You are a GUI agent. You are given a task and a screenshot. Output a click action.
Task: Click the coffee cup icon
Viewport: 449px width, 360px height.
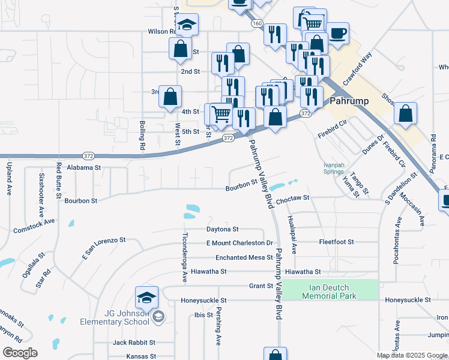(x=337, y=34)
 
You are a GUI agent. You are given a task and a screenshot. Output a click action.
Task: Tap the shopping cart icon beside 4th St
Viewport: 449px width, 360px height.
(x=221, y=113)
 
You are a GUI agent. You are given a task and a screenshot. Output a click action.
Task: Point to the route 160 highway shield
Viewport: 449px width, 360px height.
(x=257, y=23)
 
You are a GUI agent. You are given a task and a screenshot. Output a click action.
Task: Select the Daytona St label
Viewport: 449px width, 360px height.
(x=223, y=229)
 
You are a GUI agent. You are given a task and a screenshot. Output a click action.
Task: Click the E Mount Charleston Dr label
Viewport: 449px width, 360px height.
(x=240, y=243)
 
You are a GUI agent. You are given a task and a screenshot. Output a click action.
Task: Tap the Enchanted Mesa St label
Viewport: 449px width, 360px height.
(x=244, y=257)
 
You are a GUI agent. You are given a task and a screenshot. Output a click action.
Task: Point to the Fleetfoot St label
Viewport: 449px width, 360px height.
(x=337, y=242)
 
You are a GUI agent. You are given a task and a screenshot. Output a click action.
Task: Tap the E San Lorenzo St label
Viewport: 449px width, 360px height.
(x=103, y=247)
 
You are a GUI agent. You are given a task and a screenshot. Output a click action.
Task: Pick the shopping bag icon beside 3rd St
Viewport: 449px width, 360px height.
(x=170, y=96)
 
